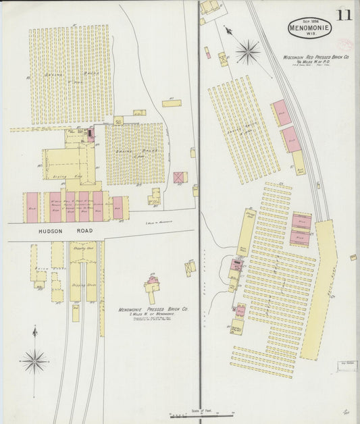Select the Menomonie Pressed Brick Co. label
point(153,309)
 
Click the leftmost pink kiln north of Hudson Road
point(32,207)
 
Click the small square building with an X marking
point(179,178)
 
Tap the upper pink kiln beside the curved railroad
point(282,113)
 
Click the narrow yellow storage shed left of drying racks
point(244,233)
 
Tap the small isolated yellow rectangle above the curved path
point(172,103)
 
